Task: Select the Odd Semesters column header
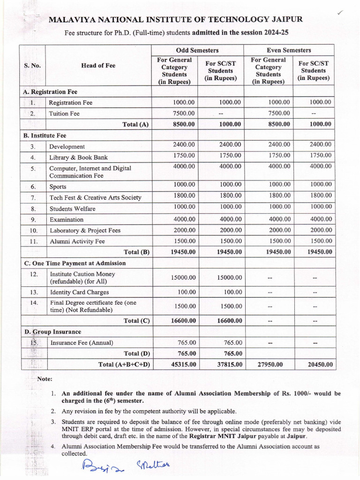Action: tap(197, 50)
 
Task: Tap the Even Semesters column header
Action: tap(289, 50)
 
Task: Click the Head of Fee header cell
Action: tap(98, 66)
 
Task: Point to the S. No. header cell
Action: tap(32, 66)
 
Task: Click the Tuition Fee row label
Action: tap(65, 113)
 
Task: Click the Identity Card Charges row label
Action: tap(79, 292)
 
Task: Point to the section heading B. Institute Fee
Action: tap(45, 135)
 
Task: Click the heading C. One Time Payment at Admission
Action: tap(75, 263)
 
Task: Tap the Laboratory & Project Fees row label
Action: tap(85, 230)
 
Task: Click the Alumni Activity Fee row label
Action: tap(77, 241)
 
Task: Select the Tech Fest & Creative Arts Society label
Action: tap(95, 197)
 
